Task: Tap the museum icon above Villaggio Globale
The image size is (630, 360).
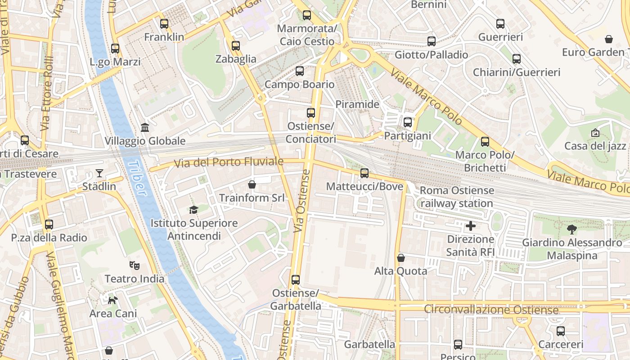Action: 145,128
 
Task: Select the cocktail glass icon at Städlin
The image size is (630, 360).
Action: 99,173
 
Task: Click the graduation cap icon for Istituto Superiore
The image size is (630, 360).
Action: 193,210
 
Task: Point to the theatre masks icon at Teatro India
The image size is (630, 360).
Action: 134,265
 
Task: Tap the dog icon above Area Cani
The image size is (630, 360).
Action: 112,300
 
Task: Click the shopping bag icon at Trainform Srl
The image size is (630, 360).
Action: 252,184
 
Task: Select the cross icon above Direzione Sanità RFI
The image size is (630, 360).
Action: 471,225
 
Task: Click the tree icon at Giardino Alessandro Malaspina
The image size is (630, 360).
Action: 571,229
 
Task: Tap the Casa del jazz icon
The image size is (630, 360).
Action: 595,133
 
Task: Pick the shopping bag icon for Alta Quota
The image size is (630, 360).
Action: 400,258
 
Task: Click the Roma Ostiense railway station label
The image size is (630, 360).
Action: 457,197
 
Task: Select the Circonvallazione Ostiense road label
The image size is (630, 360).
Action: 491,310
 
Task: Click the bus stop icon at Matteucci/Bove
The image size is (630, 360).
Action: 364,173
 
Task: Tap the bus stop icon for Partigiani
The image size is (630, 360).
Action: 408,122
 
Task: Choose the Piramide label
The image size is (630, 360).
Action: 357,104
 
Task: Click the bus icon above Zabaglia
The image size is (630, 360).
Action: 236,46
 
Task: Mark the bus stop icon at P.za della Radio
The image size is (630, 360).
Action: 49,225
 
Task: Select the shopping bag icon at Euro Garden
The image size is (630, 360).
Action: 608,39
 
